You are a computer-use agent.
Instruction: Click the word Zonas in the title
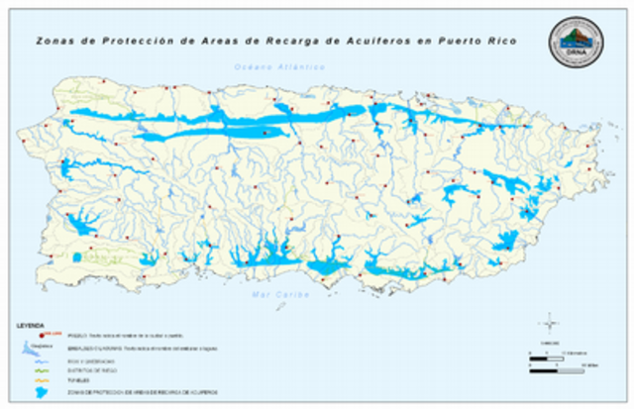click(x=52, y=42)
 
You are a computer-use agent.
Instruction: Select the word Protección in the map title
click(x=126, y=42)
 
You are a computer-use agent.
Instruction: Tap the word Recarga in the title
click(x=282, y=42)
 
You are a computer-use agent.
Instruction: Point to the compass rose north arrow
click(x=549, y=321)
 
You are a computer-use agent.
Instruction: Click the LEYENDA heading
click(x=32, y=326)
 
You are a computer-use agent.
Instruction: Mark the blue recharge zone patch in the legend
click(x=40, y=391)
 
